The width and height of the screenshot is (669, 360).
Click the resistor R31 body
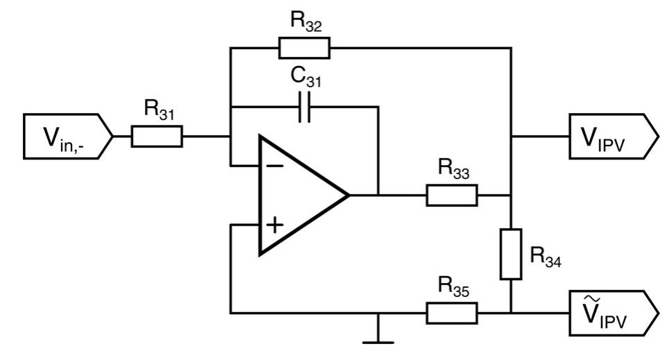pos(157,137)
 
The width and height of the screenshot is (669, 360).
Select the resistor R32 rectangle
pos(304,48)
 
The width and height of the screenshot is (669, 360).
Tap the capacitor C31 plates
pos(304,108)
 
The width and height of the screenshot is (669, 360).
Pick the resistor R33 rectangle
pos(451,196)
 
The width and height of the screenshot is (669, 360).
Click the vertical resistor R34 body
pos(511,253)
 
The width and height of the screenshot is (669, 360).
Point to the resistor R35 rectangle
pos(451,313)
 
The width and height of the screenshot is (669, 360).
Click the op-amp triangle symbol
pos(298,196)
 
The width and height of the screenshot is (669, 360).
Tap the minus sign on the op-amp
pos(275,166)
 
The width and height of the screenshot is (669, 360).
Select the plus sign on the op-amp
pos(275,225)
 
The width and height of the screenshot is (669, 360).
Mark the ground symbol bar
pos(379,341)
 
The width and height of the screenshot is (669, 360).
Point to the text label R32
pos(305,22)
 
